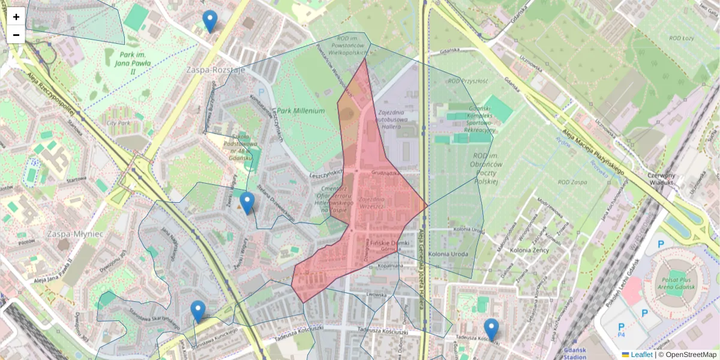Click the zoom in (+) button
16,17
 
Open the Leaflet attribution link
641,355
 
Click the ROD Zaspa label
572,182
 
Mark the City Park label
118,123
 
